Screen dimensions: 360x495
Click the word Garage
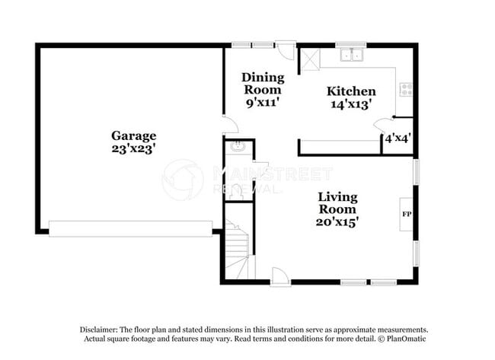(133, 135)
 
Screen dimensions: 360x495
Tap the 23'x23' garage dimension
(133, 148)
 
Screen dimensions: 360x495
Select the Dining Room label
(263, 83)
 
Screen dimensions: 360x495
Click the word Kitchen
(351, 91)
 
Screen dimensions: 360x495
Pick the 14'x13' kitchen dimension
(351, 104)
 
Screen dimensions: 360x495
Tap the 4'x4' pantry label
(398, 139)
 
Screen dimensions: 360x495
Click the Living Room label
(338, 203)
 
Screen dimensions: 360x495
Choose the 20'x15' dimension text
(338, 221)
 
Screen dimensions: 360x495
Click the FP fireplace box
(406, 215)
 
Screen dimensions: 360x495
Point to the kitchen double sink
(353, 55)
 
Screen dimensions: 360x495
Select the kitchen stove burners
(406, 89)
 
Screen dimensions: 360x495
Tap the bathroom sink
(237, 146)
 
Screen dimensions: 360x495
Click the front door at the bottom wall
(279, 277)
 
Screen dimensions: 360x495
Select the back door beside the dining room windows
(286, 50)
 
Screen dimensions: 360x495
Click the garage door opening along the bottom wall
(130, 228)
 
